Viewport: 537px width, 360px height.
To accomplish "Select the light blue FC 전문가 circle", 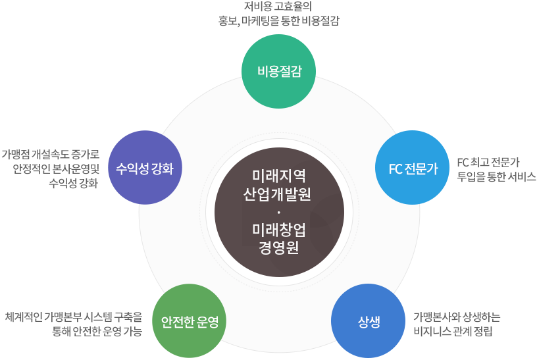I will [413, 168].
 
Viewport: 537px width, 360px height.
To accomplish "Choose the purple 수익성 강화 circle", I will [144, 168].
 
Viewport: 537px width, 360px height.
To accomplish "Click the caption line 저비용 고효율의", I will [277, 7].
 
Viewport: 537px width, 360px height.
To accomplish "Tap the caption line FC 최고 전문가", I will [488, 162].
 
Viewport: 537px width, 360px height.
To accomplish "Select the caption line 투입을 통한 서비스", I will [496, 176].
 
